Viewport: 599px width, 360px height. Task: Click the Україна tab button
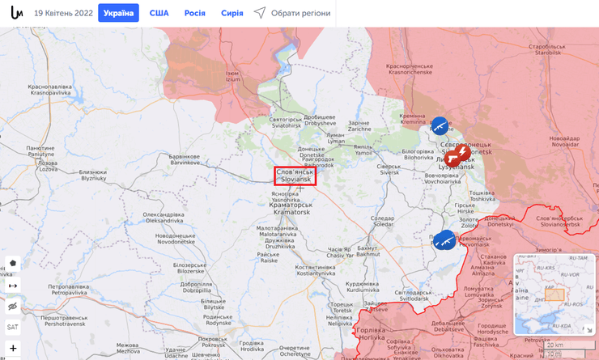(x=118, y=13)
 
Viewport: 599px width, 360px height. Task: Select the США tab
(x=159, y=13)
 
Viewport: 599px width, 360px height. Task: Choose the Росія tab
(x=194, y=13)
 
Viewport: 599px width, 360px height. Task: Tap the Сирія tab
(x=232, y=13)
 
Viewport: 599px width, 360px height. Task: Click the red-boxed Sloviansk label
(x=295, y=176)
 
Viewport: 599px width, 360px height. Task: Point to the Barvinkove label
(x=185, y=159)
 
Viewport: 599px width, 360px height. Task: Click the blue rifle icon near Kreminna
(x=440, y=125)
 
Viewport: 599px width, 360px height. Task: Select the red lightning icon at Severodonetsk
(x=462, y=152)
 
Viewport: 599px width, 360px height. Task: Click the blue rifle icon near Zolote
(x=444, y=239)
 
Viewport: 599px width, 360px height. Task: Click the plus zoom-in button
(x=13, y=348)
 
